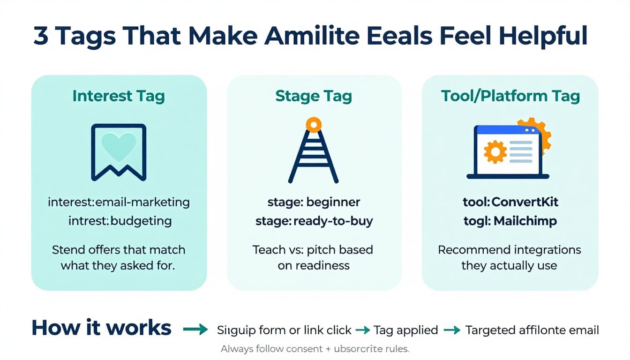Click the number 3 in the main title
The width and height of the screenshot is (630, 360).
[41, 37]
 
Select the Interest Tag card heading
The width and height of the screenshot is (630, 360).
[119, 96]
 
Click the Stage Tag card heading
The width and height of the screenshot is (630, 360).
[314, 96]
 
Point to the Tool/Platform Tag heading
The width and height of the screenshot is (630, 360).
[510, 96]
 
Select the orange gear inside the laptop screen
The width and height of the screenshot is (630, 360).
[495, 152]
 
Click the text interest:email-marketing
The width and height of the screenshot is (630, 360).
[119, 202]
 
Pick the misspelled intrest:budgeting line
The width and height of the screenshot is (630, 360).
[120, 220]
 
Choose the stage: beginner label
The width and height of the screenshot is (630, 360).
[314, 202]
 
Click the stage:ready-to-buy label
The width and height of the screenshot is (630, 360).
[314, 221]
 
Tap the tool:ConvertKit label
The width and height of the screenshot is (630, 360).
[510, 202]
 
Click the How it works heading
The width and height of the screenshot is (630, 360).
[101, 328]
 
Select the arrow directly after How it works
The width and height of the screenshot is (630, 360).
[195, 330]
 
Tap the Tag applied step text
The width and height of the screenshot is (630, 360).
[405, 330]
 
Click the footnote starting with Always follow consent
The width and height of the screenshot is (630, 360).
[315, 349]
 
